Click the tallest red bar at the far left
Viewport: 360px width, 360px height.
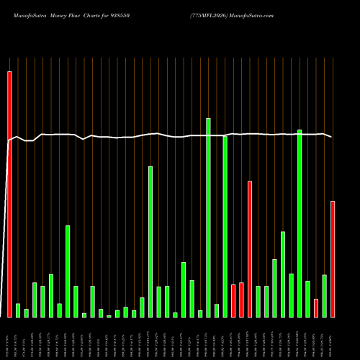(9, 194)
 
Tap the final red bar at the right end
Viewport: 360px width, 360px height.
(333, 259)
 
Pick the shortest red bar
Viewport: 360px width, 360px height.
(316, 308)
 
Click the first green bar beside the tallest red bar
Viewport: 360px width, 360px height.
(18, 310)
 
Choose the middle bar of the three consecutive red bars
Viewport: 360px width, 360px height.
(241, 300)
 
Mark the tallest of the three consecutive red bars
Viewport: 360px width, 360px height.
(250, 249)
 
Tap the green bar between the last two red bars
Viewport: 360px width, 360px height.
(325, 296)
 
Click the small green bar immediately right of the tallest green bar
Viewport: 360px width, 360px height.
(217, 311)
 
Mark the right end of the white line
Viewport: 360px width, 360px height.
(332, 137)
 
